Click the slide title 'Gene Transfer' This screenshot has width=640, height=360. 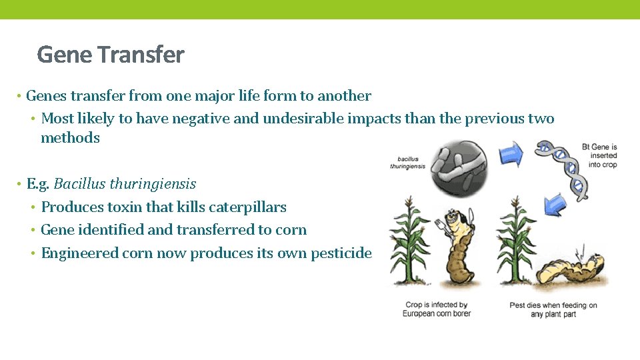pyautogui.click(x=111, y=55)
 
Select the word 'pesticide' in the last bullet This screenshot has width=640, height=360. pyautogui.click(x=341, y=253)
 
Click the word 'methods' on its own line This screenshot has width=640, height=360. pyautogui.click(x=70, y=138)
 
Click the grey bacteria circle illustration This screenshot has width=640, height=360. pyautogui.click(x=459, y=165)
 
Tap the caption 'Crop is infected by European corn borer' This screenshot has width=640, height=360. pyautogui.click(x=436, y=309)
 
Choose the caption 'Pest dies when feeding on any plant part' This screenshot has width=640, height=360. pyautogui.click(x=553, y=309)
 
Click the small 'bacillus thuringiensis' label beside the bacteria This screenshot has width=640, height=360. pyautogui.click(x=408, y=163)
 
